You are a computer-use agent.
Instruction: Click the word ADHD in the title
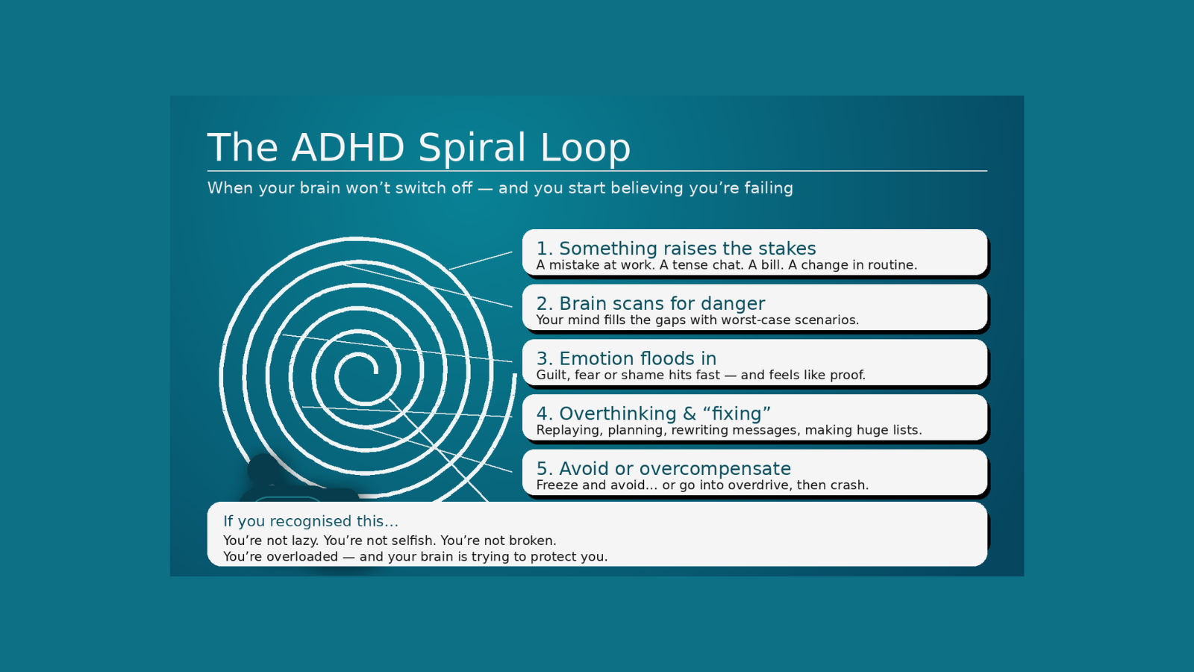coord(348,147)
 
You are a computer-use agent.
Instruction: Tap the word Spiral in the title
coord(472,147)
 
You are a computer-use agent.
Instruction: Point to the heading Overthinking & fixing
coord(654,414)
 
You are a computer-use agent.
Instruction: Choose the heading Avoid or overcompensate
coord(663,469)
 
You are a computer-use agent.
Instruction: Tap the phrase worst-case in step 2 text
coord(755,320)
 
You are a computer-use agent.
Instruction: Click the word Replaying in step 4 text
coord(568,430)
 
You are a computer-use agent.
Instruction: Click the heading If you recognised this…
coord(310,521)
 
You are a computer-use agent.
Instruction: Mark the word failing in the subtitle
coord(768,188)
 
